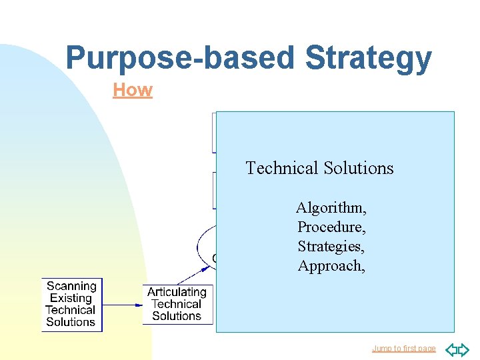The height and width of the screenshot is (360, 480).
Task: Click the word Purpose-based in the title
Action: pos(181,58)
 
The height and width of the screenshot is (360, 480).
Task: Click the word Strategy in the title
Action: pos(368,58)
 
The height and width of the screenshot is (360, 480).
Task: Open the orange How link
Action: pos(133,90)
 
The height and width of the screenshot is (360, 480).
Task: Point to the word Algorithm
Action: pos(331,208)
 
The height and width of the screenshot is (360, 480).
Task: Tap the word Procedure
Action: pos(331,227)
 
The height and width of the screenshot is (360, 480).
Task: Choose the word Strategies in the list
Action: pos(331,247)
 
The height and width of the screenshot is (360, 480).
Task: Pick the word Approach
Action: pos(331,266)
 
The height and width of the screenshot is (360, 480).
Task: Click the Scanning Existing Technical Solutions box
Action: pos(72,305)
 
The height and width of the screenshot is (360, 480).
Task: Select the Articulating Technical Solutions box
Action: pos(177,304)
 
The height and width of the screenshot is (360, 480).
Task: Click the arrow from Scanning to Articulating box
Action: pos(123,305)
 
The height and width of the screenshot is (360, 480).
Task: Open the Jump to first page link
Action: pos(403,349)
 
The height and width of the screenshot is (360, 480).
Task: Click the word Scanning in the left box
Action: pos(71,287)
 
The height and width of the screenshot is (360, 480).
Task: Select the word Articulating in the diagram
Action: pos(177,292)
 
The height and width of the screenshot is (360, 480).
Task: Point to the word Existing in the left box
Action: pos(71,299)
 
